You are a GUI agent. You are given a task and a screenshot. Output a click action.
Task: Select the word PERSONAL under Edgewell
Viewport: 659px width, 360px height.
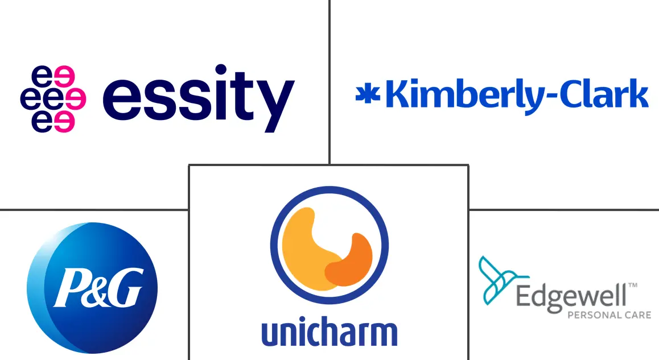(588, 315)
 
